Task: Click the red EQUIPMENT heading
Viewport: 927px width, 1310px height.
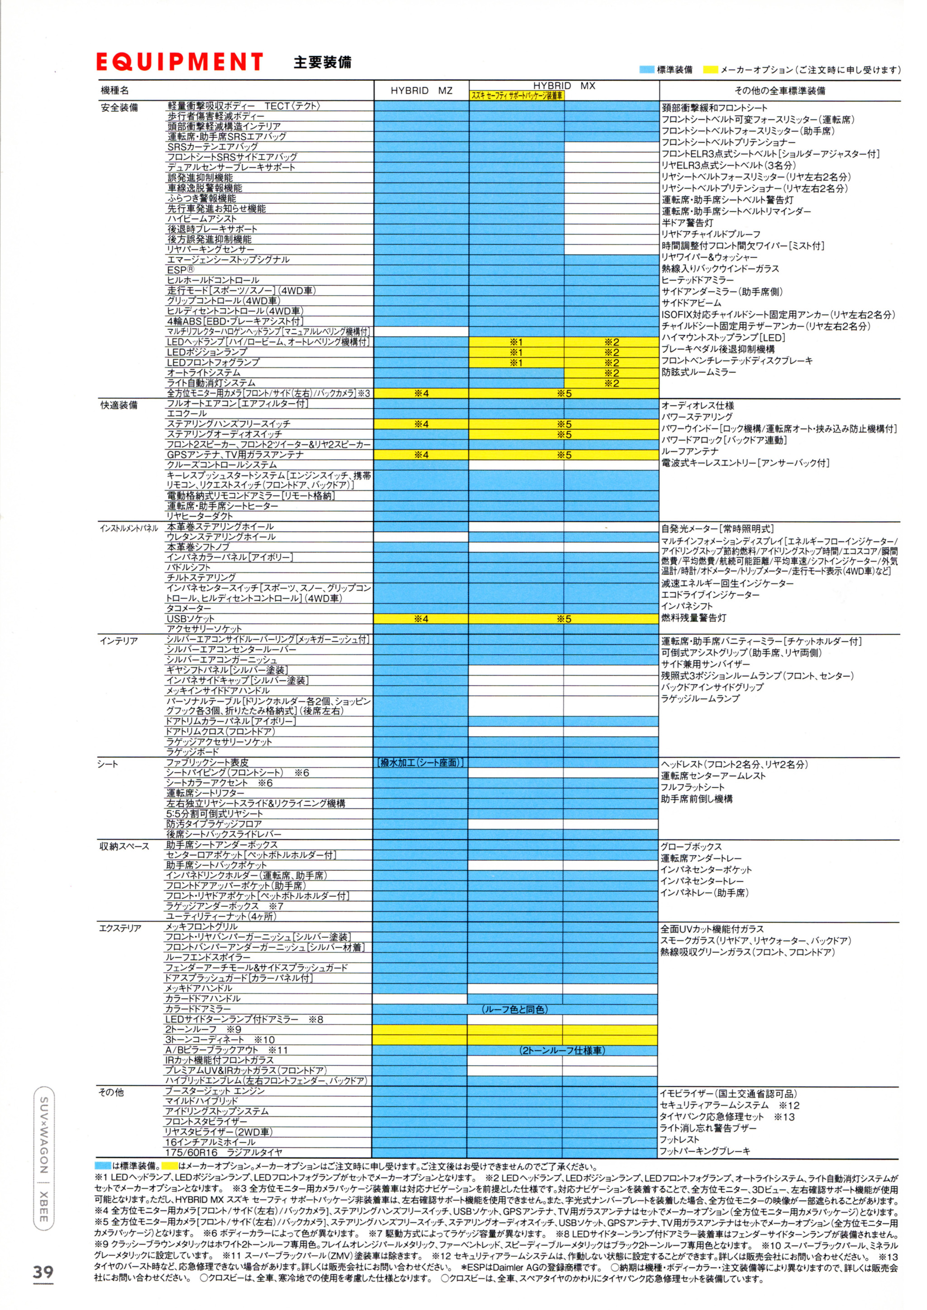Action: tap(179, 62)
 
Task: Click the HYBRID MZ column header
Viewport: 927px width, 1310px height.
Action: tap(421, 91)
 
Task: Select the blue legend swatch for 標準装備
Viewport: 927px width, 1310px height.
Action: tap(647, 70)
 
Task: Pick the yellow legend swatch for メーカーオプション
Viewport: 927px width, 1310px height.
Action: tap(710, 70)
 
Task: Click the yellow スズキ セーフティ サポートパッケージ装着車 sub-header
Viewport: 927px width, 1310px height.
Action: tap(516, 96)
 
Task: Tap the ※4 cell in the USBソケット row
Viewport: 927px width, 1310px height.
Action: tap(421, 619)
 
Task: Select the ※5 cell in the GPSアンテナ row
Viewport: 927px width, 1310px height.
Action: tap(564, 455)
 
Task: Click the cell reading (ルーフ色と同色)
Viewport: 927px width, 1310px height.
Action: tap(516, 1010)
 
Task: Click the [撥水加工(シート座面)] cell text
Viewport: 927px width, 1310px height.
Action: tap(420, 763)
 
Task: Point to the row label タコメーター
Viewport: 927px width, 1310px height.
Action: tap(188, 609)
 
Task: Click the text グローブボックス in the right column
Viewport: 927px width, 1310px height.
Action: tap(691, 847)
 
